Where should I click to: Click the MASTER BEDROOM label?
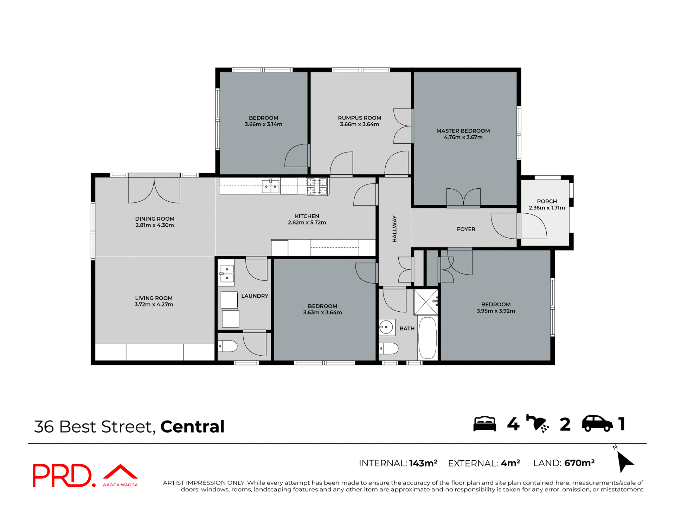click(463, 131)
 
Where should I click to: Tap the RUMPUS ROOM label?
click(359, 118)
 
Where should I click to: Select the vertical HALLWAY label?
click(394, 229)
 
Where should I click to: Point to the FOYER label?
click(466, 229)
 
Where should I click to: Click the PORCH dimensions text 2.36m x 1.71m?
click(547, 208)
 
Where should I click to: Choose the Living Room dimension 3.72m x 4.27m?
click(154, 304)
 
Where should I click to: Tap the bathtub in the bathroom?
click(427, 338)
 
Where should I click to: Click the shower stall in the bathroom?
click(425, 302)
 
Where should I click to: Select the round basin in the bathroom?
click(386, 327)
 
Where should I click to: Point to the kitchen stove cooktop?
click(317, 186)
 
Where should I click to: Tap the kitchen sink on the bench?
click(270, 186)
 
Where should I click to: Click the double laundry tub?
click(227, 273)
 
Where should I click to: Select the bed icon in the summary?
click(484, 424)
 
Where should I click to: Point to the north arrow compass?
click(625, 461)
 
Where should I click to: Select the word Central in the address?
click(192, 427)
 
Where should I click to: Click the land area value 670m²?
click(579, 463)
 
